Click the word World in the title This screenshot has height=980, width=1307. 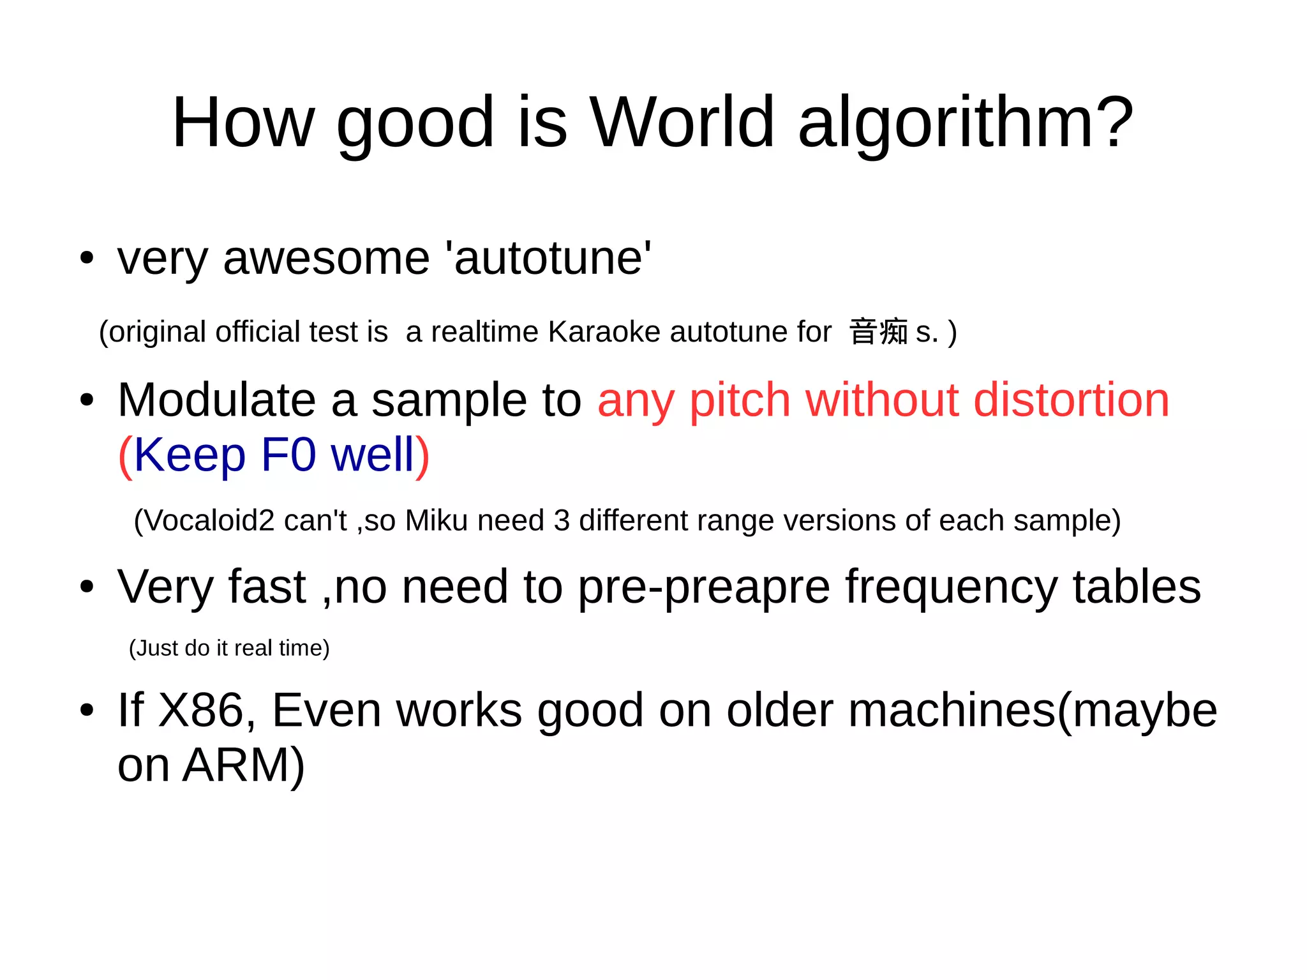[682, 123]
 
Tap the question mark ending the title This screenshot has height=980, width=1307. [1112, 123]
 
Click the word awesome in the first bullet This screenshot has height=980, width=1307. [326, 259]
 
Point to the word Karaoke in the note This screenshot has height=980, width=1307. [604, 332]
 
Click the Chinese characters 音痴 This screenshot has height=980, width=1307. [878, 332]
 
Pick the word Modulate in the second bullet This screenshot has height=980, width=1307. [216, 400]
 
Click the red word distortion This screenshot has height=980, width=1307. [1072, 400]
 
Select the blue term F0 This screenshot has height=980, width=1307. [288, 455]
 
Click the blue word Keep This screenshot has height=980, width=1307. [190, 456]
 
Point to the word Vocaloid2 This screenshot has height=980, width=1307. [210, 520]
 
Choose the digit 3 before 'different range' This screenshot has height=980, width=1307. [562, 520]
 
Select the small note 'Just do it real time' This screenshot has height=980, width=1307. [229, 648]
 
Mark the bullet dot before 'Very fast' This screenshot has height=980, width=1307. [87, 587]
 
